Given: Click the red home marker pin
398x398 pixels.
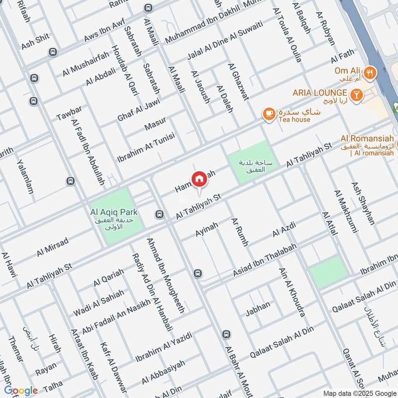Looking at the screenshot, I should pos(199,179).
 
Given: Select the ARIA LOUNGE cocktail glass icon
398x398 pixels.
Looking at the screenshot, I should pos(356,93).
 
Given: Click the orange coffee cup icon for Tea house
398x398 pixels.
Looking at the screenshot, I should pos(269,113).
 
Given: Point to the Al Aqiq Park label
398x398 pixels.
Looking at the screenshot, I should pos(113,212).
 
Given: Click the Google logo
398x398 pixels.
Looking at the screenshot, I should pos(21,391).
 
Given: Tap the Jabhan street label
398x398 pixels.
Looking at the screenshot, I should pos(258,308).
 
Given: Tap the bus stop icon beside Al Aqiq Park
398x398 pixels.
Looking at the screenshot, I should pos(159,214).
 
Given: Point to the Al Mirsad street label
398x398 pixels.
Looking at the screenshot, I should pos(52,247).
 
